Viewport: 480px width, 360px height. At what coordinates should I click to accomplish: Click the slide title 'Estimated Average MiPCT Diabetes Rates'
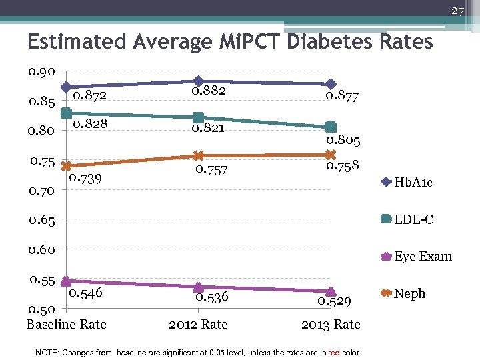(230, 42)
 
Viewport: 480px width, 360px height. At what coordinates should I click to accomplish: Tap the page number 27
(457, 11)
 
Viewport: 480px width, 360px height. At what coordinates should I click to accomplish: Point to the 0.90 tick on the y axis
(42, 71)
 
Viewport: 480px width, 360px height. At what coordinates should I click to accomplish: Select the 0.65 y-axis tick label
(42, 219)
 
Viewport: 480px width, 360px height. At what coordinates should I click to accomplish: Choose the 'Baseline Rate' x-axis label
(66, 325)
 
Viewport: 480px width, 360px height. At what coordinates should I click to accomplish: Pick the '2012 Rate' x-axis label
(198, 325)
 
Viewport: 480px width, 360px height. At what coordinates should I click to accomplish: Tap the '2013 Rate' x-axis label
(331, 325)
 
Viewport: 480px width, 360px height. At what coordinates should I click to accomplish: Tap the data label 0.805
(343, 141)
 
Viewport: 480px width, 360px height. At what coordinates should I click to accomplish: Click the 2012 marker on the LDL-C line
(198, 118)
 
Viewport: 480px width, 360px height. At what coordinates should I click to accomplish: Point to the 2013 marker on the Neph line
(331, 155)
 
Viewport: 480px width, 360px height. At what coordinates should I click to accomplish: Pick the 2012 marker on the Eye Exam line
(198, 287)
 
